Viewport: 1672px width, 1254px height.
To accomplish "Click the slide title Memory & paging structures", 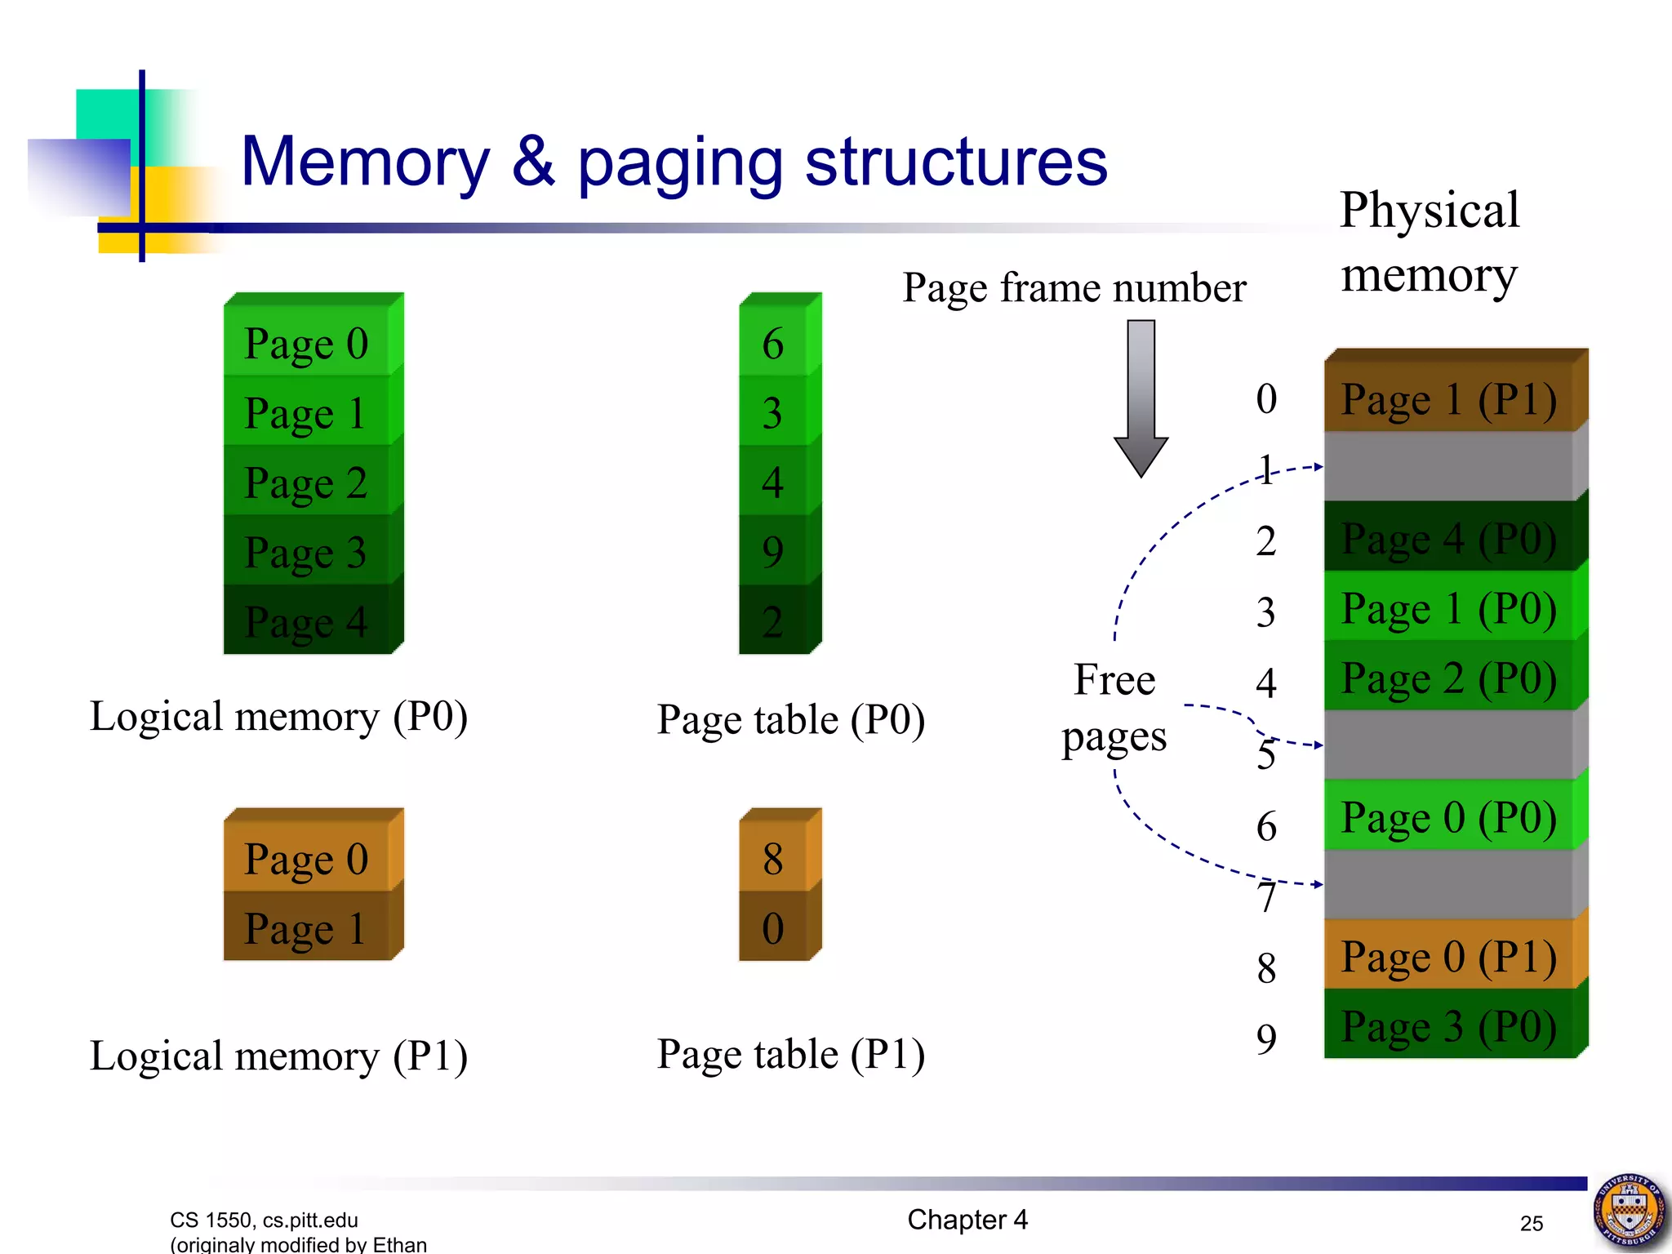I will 674,162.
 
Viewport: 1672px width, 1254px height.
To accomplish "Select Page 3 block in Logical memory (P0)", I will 306,553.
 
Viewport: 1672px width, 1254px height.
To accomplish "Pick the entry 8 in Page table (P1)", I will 774,859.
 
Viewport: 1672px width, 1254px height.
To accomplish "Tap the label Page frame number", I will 1074,288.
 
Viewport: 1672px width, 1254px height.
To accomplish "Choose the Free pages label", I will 1114,709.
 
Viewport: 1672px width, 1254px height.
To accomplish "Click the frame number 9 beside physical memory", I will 1266,1039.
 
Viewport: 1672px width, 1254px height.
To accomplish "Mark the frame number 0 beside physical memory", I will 1266,399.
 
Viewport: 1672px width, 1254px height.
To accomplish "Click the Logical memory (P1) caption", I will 278,1056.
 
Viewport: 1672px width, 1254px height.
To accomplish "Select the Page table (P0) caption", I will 790,721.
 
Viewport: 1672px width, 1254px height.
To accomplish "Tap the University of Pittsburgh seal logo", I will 1630,1210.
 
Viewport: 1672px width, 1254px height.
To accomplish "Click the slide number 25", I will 1532,1223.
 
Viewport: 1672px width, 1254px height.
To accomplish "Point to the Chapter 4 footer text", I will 967,1220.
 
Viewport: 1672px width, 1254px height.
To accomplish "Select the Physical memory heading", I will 1430,242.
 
